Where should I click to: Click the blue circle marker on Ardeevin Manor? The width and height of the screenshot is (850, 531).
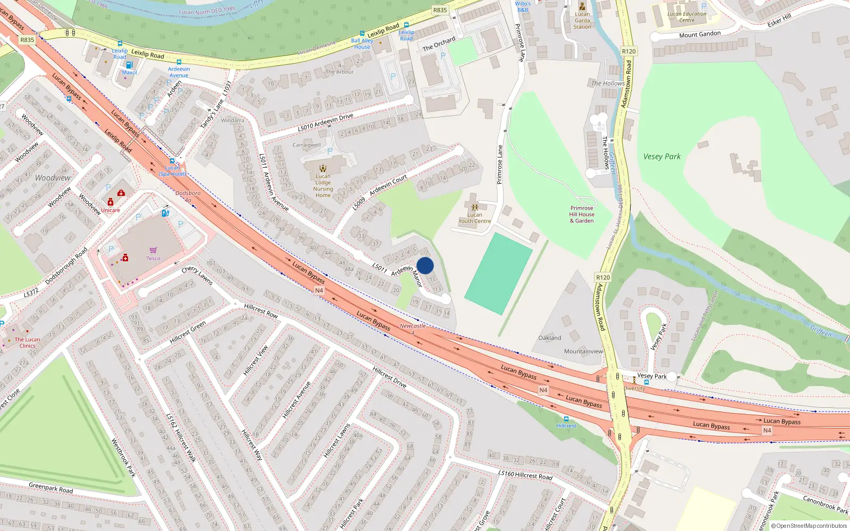click(425, 265)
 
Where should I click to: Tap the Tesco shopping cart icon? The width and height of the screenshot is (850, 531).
click(154, 250)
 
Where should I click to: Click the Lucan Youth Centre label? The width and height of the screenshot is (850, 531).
click(474, 218)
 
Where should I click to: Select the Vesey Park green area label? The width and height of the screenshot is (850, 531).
click(661, 157)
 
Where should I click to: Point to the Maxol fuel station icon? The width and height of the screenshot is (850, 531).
click(129, 65)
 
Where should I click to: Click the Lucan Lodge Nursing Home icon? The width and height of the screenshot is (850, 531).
click(323, 168)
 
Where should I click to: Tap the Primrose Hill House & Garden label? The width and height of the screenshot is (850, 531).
click(582, 215)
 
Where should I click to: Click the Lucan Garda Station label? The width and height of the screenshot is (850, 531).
click(582, 20)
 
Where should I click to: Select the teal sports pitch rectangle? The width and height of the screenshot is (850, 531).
click(498, 274)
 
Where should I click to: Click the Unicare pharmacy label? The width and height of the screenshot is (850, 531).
click(110, 210)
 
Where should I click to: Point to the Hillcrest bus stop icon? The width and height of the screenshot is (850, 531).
click(566, 419)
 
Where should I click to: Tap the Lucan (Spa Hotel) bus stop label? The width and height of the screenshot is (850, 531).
click(172, 171)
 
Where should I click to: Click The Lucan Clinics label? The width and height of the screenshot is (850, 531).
click(27, 342)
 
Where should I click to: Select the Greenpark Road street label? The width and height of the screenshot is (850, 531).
click(50, 487)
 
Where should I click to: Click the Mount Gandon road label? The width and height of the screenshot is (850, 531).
click(700, 35)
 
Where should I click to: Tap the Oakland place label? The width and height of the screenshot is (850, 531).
click(549, 338)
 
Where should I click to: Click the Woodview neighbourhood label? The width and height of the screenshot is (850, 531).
click(53, 178)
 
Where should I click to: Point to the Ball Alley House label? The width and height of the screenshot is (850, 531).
click(362, 44)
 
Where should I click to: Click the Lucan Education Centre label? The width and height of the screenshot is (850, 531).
click(687, 17)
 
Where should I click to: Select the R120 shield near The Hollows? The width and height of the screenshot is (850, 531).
click(628, 52)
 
